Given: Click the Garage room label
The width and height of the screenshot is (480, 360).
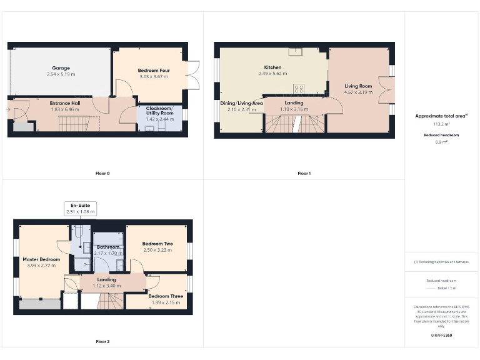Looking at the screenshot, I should [61, 67].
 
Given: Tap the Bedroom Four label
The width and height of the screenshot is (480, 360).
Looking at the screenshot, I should [154, 71].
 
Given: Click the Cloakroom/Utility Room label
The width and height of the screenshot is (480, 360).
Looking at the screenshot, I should [159, 111].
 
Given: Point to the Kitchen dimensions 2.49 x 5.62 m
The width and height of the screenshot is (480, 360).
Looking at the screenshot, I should [272, 73].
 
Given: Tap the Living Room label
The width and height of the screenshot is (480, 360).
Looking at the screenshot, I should [358, 86].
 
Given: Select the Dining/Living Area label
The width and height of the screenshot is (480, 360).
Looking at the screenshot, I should [241, 103].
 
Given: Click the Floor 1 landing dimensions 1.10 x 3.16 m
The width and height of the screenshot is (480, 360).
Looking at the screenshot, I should [294, 109].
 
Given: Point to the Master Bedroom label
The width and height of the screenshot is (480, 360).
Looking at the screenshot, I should [41, 259].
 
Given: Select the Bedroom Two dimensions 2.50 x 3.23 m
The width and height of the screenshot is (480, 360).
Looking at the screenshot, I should [157, 250].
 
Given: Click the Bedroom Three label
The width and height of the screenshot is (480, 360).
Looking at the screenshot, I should [157, 296].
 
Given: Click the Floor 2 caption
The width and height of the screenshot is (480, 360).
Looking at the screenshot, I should [103, 341].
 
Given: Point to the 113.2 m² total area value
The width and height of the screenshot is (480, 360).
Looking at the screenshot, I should [441, 124].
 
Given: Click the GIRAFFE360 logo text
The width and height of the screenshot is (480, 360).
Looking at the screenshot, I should [441, 336].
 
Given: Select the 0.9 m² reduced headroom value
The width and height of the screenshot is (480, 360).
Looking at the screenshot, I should [441, 141].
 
